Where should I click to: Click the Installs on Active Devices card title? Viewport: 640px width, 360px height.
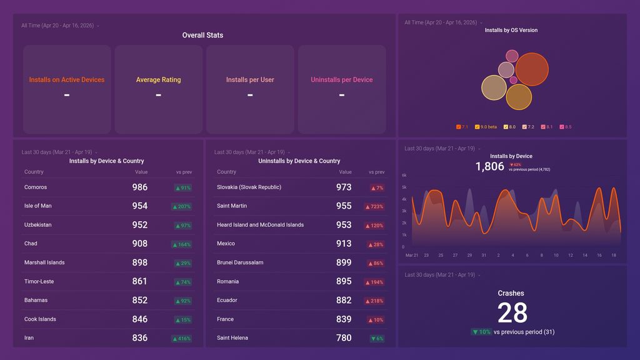pyautogui.click(x=67, y=80)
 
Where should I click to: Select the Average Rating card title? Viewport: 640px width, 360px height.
pyautogui.click(x=158, y=80)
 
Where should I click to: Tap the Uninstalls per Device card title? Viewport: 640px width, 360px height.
pyautogui.click(x=342, y=80)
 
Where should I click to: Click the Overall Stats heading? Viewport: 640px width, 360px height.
pyautogui.click(x=202, y=36)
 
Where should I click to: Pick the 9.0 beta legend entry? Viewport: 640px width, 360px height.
pyautogui.click(x=486, y=127)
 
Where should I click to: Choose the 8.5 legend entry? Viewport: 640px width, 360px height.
pyautogui.click(x=566, y=127)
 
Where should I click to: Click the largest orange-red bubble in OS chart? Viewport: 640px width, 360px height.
pyautogui.click(x=532, y=69)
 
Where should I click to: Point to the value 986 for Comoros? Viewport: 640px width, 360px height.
pyautogui.click(x=139, y=187)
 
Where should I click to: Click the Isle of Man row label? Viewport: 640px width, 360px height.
pyautogui.click(x=38, y=206)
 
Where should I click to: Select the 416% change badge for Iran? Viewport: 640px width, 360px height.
pyautogui.click(x=182, y=338)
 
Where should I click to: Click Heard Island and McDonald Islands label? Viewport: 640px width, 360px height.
pyautogui.click(x=260, y=225)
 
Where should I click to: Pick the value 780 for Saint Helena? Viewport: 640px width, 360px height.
pyautogui.click(x=344, y=338)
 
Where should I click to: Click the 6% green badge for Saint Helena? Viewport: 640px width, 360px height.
pyautogui.click(x=376, y=338)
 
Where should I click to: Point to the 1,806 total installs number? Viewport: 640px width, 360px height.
pyautogui.click(x=489, y=166)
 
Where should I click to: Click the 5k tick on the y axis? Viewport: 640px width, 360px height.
pyautogui.click(x=404, y=187)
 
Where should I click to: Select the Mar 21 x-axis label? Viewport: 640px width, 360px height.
pyautogui.click(x=412, y=255)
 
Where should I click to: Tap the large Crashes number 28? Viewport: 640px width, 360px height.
pyautogui.click(x=512, y=312)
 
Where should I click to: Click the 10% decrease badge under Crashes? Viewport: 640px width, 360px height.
pyautogui.click(x=481, y=332)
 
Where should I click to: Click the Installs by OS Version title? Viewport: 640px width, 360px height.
pyautogui.click(x=511, y=30)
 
